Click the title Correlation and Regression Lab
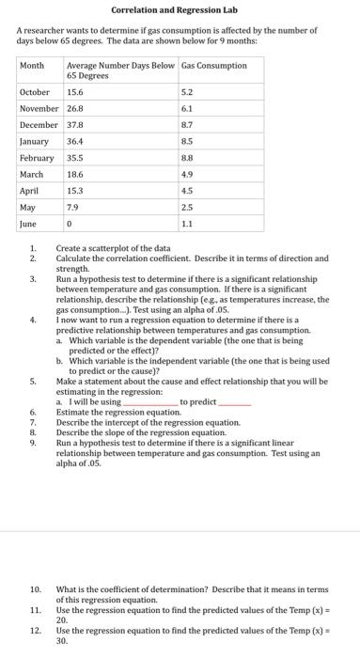180,10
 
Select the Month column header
33,66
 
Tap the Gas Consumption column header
214,66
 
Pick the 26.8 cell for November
75,109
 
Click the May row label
28,208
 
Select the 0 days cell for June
69,225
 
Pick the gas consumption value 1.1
186,225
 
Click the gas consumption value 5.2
187,93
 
